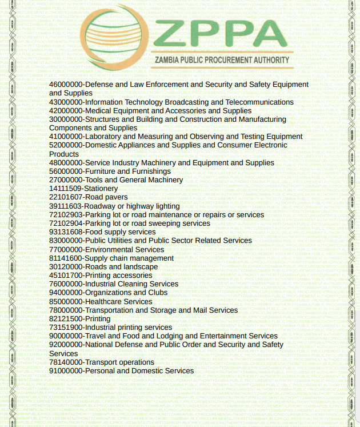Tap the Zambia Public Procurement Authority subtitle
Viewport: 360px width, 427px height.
[222, 60]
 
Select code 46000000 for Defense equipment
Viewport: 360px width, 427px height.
[66, 85]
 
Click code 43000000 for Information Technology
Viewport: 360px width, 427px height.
[66, 102]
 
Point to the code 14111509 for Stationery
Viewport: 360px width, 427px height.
[66, 189]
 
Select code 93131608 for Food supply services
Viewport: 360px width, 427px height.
[66, 232]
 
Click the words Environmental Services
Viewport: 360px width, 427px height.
[125, 249]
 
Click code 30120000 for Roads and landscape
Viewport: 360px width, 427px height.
[66, 266]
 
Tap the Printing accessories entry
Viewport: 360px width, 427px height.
[101, 275]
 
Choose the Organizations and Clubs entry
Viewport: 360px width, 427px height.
[108, 293]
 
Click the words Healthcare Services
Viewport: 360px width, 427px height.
[119, 301]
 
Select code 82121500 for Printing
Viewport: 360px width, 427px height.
[66, 318]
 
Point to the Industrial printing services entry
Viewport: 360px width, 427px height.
[110, 328]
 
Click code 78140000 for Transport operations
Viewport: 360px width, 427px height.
[66, 362]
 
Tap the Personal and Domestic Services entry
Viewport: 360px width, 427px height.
[121, 371]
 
